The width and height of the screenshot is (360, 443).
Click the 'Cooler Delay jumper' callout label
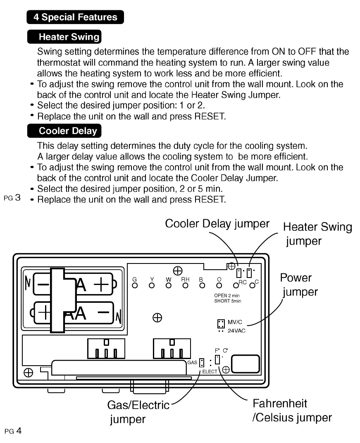coord(217,224)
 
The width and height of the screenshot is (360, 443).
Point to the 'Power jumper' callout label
coord(299,285)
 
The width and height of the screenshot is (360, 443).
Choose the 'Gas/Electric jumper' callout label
coord(138,412)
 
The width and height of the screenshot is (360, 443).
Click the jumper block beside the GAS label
coord(201,363)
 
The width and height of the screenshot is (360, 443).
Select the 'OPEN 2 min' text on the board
coord(226,296)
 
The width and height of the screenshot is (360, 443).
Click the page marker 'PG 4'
coord(12,431)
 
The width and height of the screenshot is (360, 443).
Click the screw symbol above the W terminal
coord(178,271)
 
